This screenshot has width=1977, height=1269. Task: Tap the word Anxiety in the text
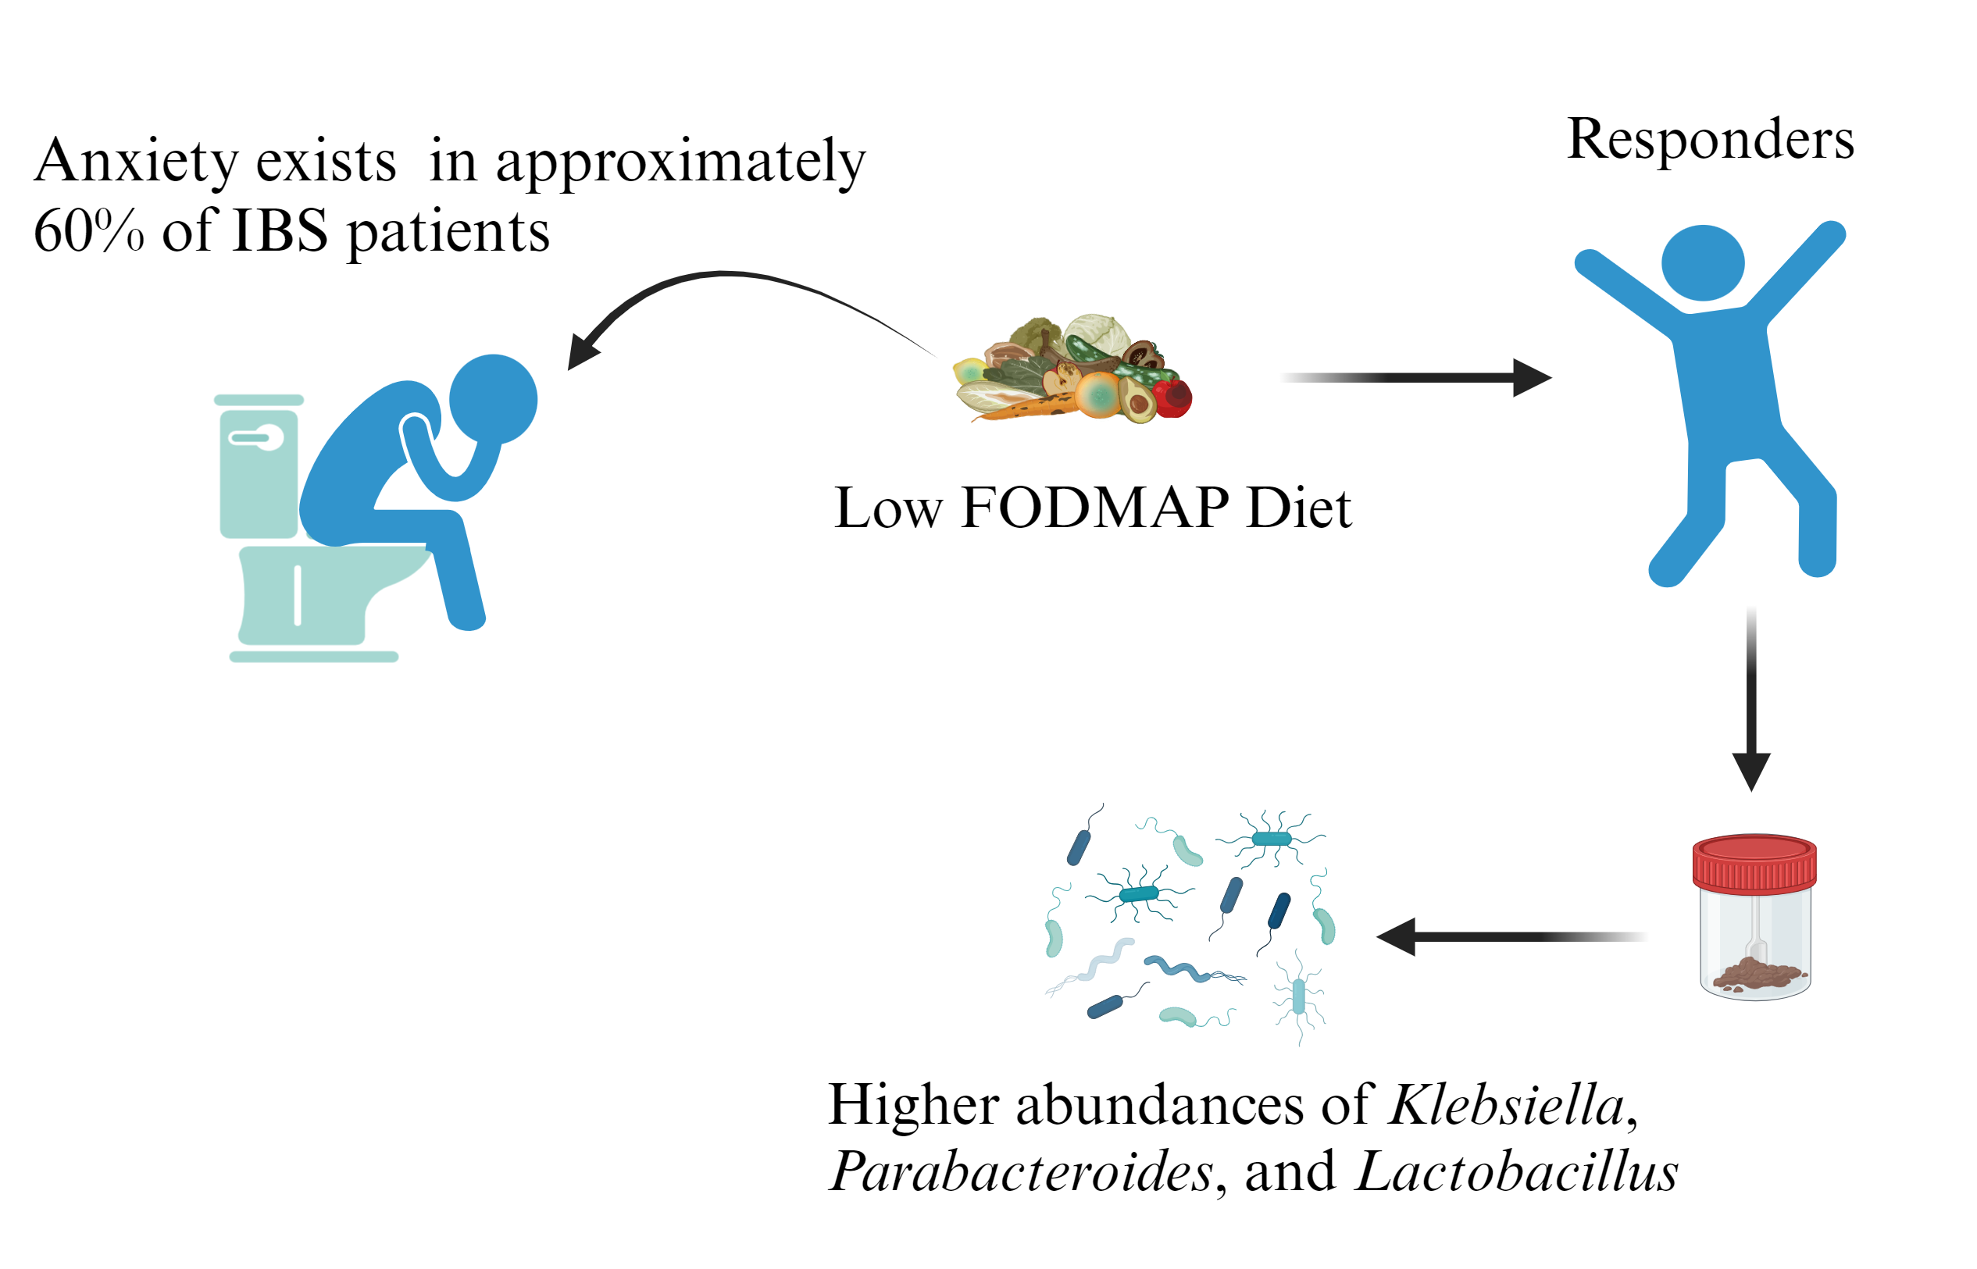click(x=136, y=162)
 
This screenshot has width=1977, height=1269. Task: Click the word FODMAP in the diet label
click(x=1095, y=508)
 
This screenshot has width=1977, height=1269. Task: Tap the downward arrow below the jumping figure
click(x=1751, y=700)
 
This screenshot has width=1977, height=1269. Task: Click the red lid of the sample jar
click(x=1754, y=864)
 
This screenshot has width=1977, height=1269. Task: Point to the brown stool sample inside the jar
click(x=1756, y=975)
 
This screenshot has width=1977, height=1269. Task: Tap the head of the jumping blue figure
click(x=1703, y=263)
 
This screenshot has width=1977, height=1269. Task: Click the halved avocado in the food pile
click(x=1138, y=400)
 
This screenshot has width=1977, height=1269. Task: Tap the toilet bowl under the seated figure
click(x=330, y=594)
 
